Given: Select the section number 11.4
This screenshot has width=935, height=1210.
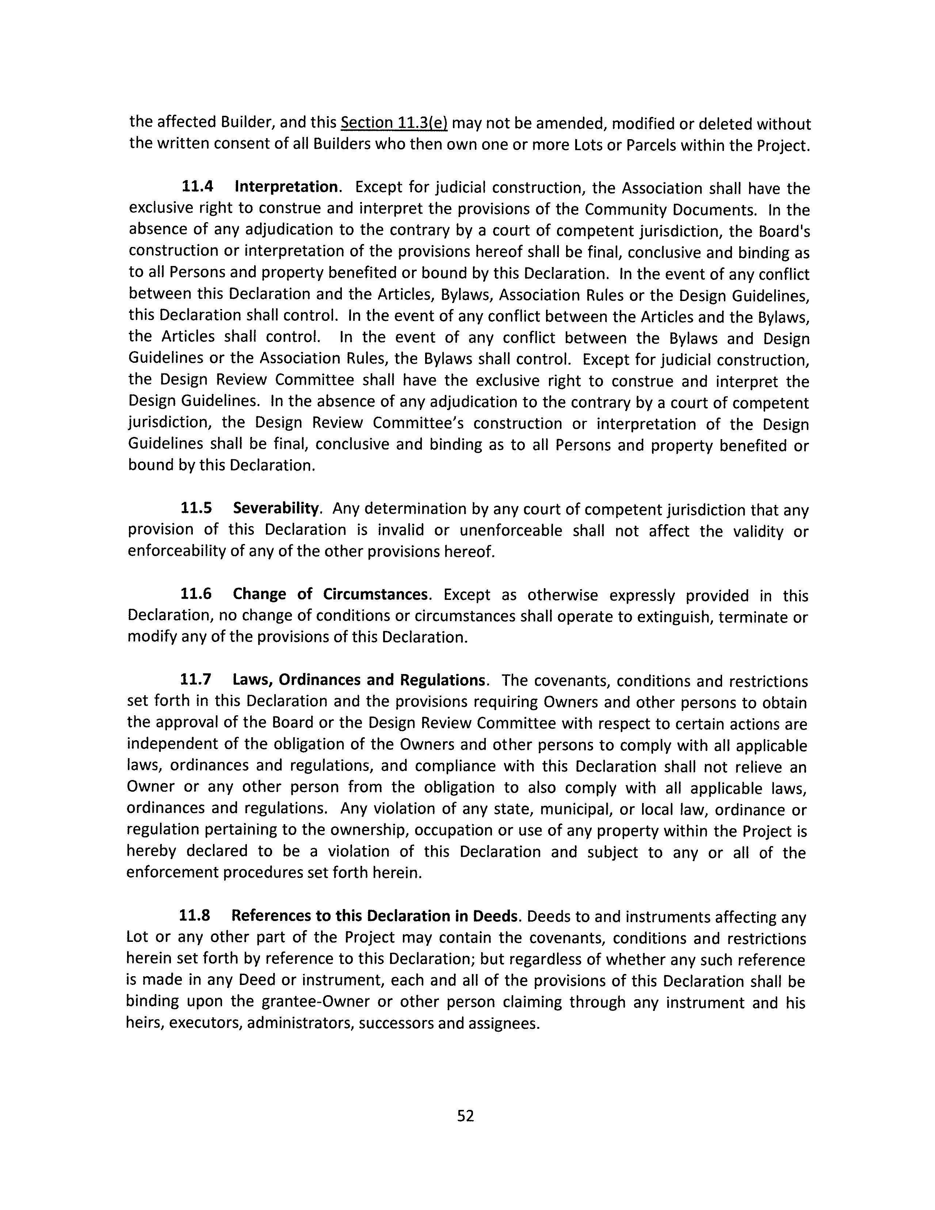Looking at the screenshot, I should (198, 187).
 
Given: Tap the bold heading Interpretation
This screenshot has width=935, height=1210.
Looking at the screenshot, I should (286, 187).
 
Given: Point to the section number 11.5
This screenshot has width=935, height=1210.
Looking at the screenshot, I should (196, 508).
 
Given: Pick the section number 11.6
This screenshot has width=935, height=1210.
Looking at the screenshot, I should (196, 594).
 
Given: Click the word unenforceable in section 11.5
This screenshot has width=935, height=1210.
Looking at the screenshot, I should (511, 530).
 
